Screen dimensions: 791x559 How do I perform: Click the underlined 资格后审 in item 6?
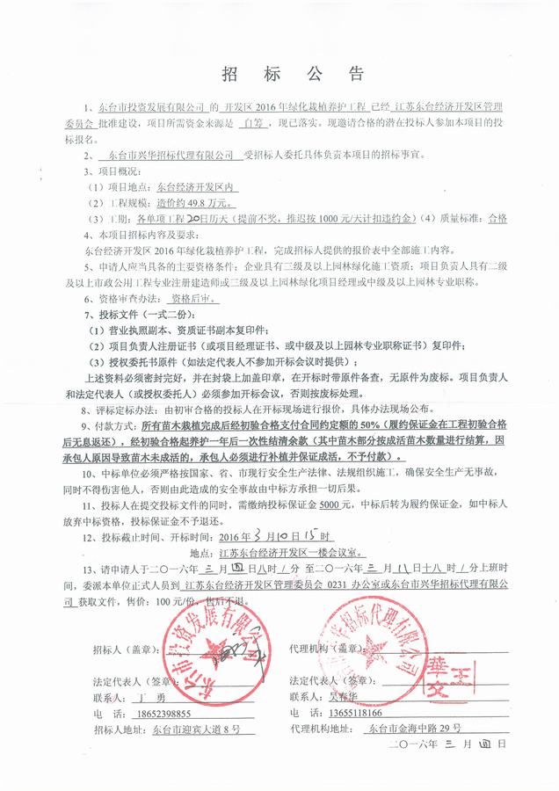195,298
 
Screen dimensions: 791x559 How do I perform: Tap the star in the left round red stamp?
215,655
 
